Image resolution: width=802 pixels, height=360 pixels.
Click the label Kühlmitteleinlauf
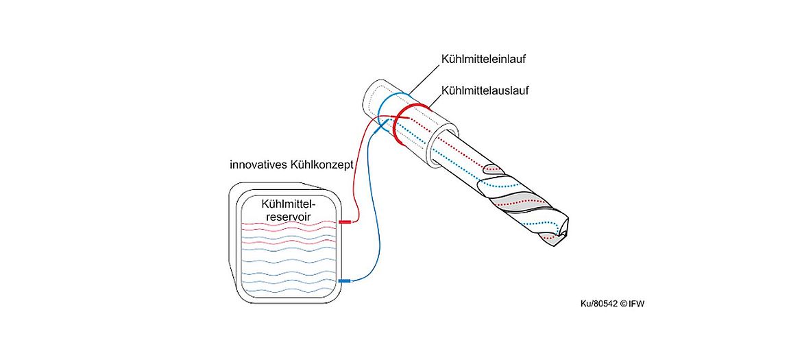point(483,59)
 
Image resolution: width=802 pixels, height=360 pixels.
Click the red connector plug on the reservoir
point(345,222)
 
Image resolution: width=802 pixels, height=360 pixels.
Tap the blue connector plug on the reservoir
point(345,280)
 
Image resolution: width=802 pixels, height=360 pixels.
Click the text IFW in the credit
point(637,304)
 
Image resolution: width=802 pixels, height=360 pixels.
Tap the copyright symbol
point(624,304)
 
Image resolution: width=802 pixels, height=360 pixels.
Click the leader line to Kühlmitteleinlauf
point(424,80)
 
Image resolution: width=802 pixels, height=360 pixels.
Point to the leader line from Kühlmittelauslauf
point(435,101)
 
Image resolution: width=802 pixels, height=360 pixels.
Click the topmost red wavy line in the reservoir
point(290,224)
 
